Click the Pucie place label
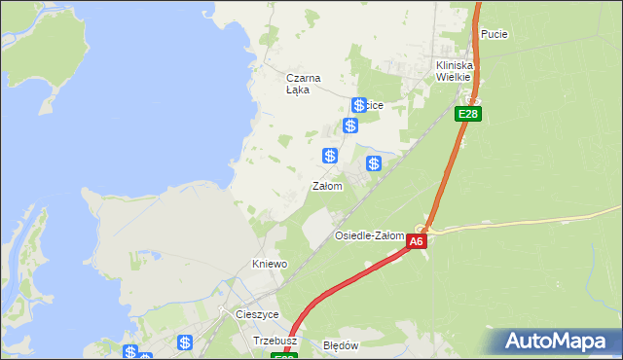(x=495, y=34)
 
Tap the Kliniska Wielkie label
(x=454, y=70)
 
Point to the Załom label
(x=327, y=186)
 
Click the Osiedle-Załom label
(x=369, y=236)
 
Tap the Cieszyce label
(x=257, y=315)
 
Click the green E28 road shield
(x=468, y=114)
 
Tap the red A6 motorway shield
(x=417, y=241)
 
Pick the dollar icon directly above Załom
(x=331, y=156)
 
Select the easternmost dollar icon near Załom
(x=374, y=163)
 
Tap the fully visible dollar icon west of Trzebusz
(x=185, y=342)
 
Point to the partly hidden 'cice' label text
(x=375, y=105)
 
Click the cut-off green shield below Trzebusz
(x=284, y=356)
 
